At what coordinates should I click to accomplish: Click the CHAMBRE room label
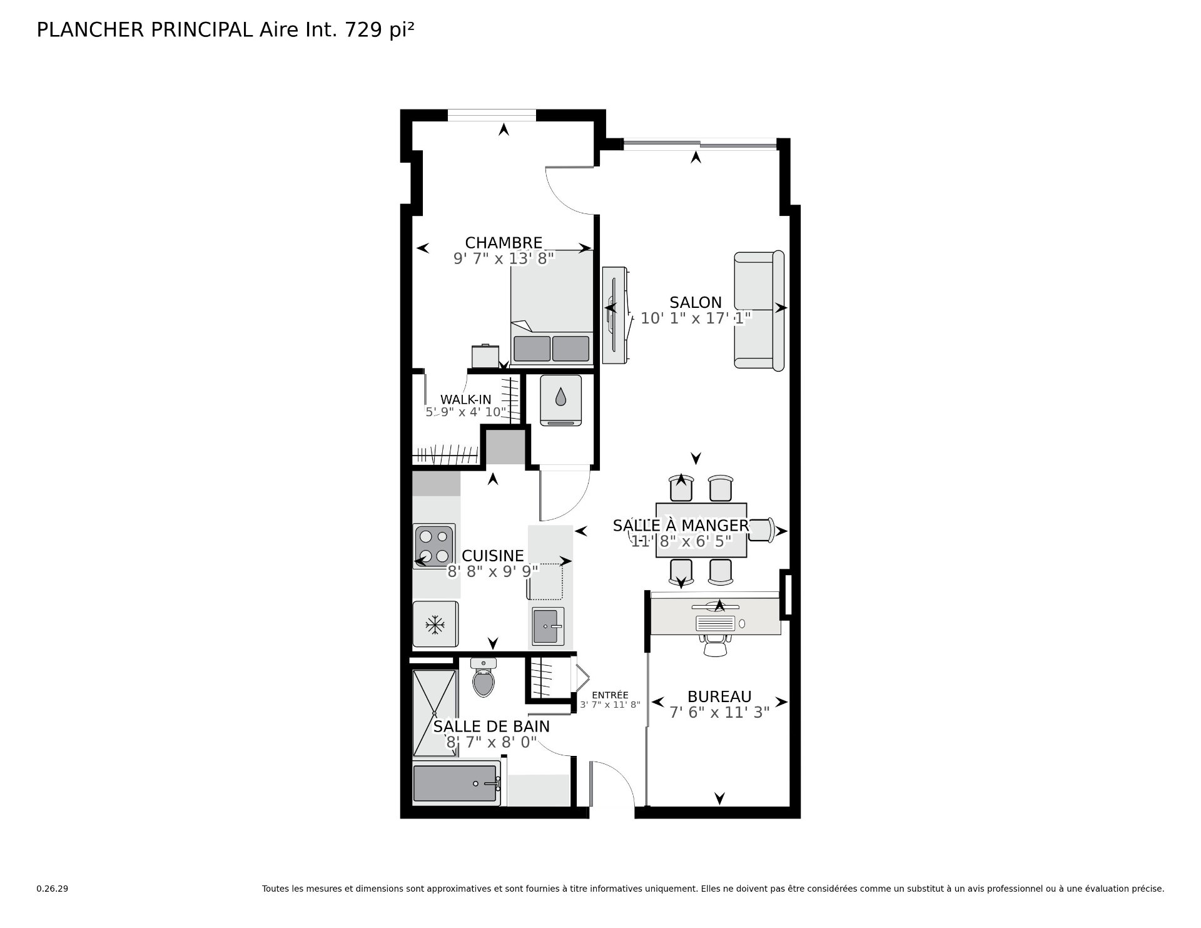click(503, 243)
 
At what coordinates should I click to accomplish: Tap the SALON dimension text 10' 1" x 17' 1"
click(696, 319)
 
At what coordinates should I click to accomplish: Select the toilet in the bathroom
click(483, 681)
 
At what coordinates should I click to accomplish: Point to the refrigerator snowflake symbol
click(435, 624)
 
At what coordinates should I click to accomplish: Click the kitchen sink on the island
click(548, 626)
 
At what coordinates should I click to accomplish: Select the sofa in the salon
click(759, 310)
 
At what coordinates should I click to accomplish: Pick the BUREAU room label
click(719, 697)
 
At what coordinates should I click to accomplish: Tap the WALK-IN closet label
click(465, 400)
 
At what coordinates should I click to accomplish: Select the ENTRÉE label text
click(610, 695)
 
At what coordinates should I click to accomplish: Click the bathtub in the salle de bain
click(456, 783)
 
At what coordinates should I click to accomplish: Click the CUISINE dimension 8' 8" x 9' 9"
click(492, 571)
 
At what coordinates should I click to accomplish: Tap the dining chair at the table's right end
click(761, 529)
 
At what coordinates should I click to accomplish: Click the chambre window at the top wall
click(492, 115)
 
